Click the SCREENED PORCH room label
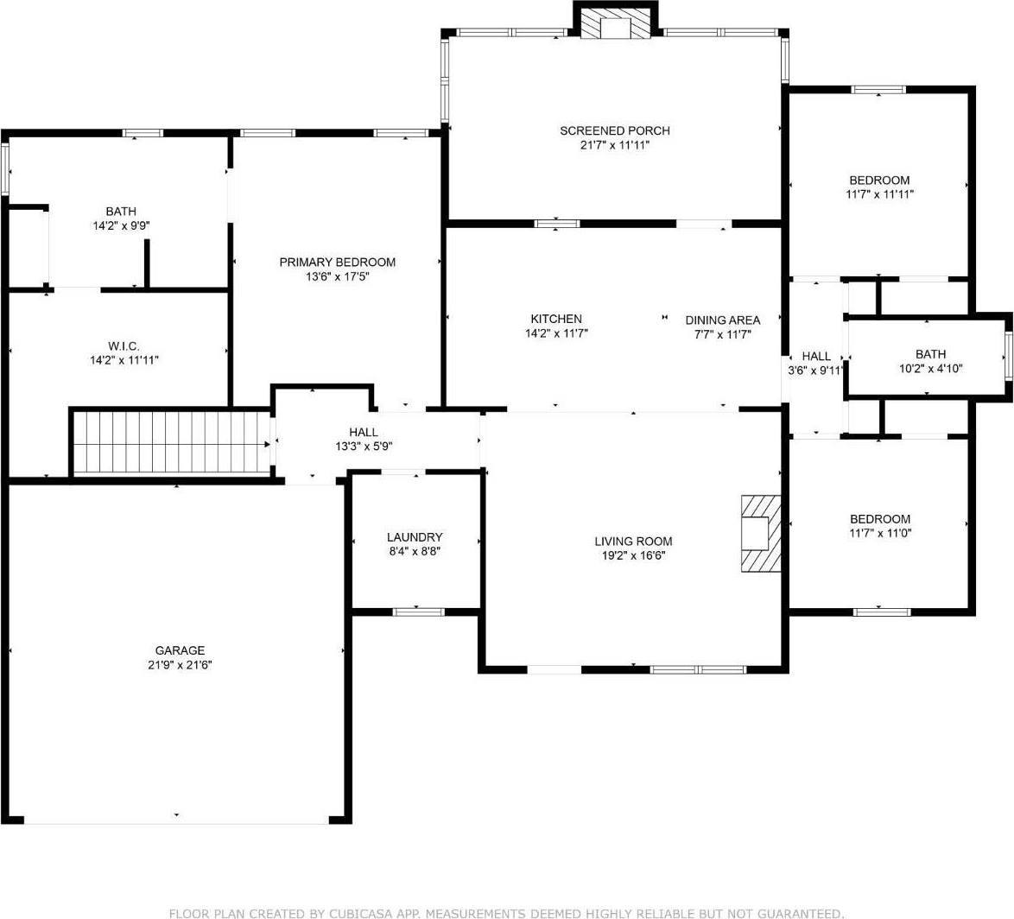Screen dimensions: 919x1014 (x=614, y=130)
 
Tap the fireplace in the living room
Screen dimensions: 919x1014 (x=759, y=532)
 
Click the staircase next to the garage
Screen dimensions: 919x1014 (x=171, y=442)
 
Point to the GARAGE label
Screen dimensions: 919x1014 (x=180, y=650)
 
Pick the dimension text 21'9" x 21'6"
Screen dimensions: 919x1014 (x=180, y=665)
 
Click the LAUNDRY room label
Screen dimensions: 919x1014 (x=415, y=536)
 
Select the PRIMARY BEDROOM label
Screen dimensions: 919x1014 (x=337, y=262)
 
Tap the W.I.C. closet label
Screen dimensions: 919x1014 (x=124, y=345)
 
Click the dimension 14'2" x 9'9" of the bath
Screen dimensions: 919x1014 (x=121, y=225)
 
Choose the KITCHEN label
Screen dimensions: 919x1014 (x=555, y=319)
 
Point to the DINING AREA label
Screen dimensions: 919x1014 (x=723, y=320)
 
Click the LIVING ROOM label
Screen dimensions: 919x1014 (x=633, y=542)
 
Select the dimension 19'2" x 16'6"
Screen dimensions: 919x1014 (x=633, y=555)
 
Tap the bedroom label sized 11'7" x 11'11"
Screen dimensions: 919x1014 (x=879, y=180)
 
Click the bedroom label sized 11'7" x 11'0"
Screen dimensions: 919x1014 (x=879, y=518)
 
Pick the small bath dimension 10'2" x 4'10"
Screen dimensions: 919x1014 (x=930, y=368)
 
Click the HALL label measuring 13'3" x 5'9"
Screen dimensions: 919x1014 (x=363, y=432)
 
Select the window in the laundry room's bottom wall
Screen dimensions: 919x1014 (x=418, y=612)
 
